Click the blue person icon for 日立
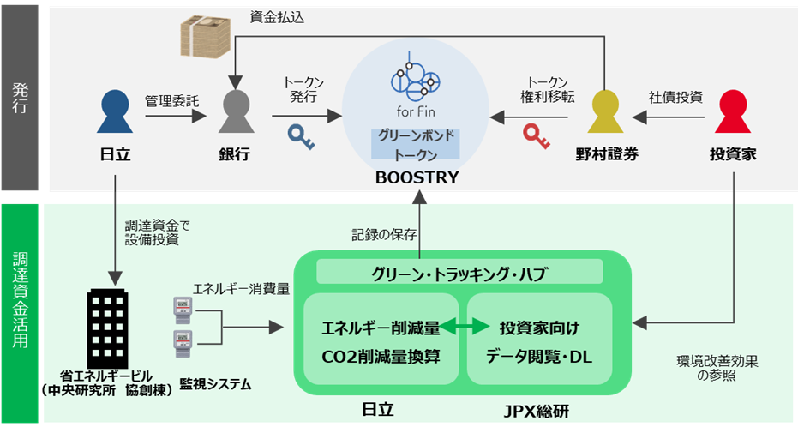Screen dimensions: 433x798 (113, 111)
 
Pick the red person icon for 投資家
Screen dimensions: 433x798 (734, 111)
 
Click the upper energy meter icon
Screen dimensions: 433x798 (183, 308)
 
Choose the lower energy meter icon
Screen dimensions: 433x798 (183, 343)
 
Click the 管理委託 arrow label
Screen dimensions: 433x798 (172, 100)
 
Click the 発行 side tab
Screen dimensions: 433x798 (20, 98)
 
